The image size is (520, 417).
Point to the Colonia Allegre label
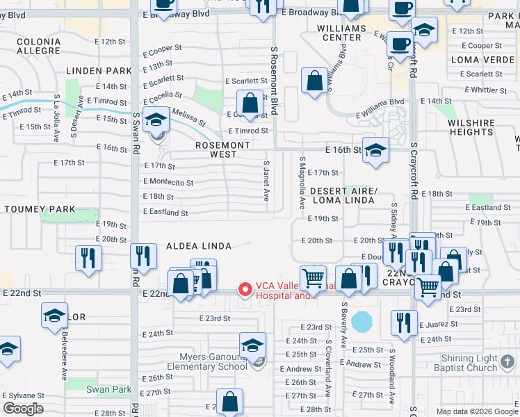[x=39, y=46]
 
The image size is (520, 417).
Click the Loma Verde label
[x=480, y=60]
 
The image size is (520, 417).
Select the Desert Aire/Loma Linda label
[x=343, y=195]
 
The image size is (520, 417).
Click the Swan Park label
[x=104, y=389]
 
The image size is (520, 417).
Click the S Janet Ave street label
[x=266, y=181]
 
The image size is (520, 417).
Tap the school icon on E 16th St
[x=375, y=150]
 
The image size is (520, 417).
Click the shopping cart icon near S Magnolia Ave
[x=314, y=279]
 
